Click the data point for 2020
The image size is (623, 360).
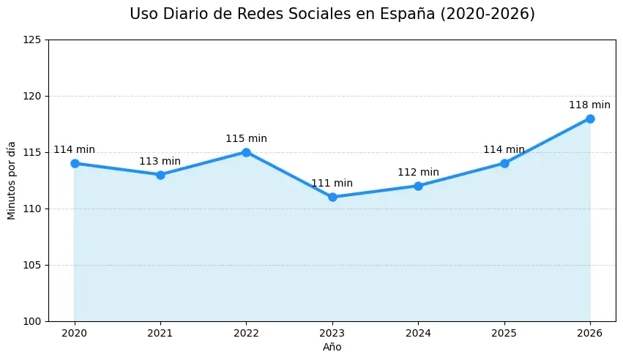pos(75,163)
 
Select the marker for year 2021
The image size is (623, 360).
pos(160,175)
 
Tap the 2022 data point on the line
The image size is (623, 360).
pos(246,152)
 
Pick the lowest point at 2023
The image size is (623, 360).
pos(332,197)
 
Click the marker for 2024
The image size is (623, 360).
pos(418,186)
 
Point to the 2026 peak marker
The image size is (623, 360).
pos(590,119)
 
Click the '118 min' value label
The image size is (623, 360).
pos(590,105)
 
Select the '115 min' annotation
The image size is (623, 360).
pos(246,139)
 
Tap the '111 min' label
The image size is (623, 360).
pos(332,184)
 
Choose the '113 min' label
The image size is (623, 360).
pos(160,162)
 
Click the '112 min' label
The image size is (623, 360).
pos(418,173)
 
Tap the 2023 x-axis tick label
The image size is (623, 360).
pos(332,334)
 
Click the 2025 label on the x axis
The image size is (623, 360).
pos(504,334)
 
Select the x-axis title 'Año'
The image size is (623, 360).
pos(332,348)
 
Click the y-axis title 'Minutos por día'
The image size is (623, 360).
pos(12,180)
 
